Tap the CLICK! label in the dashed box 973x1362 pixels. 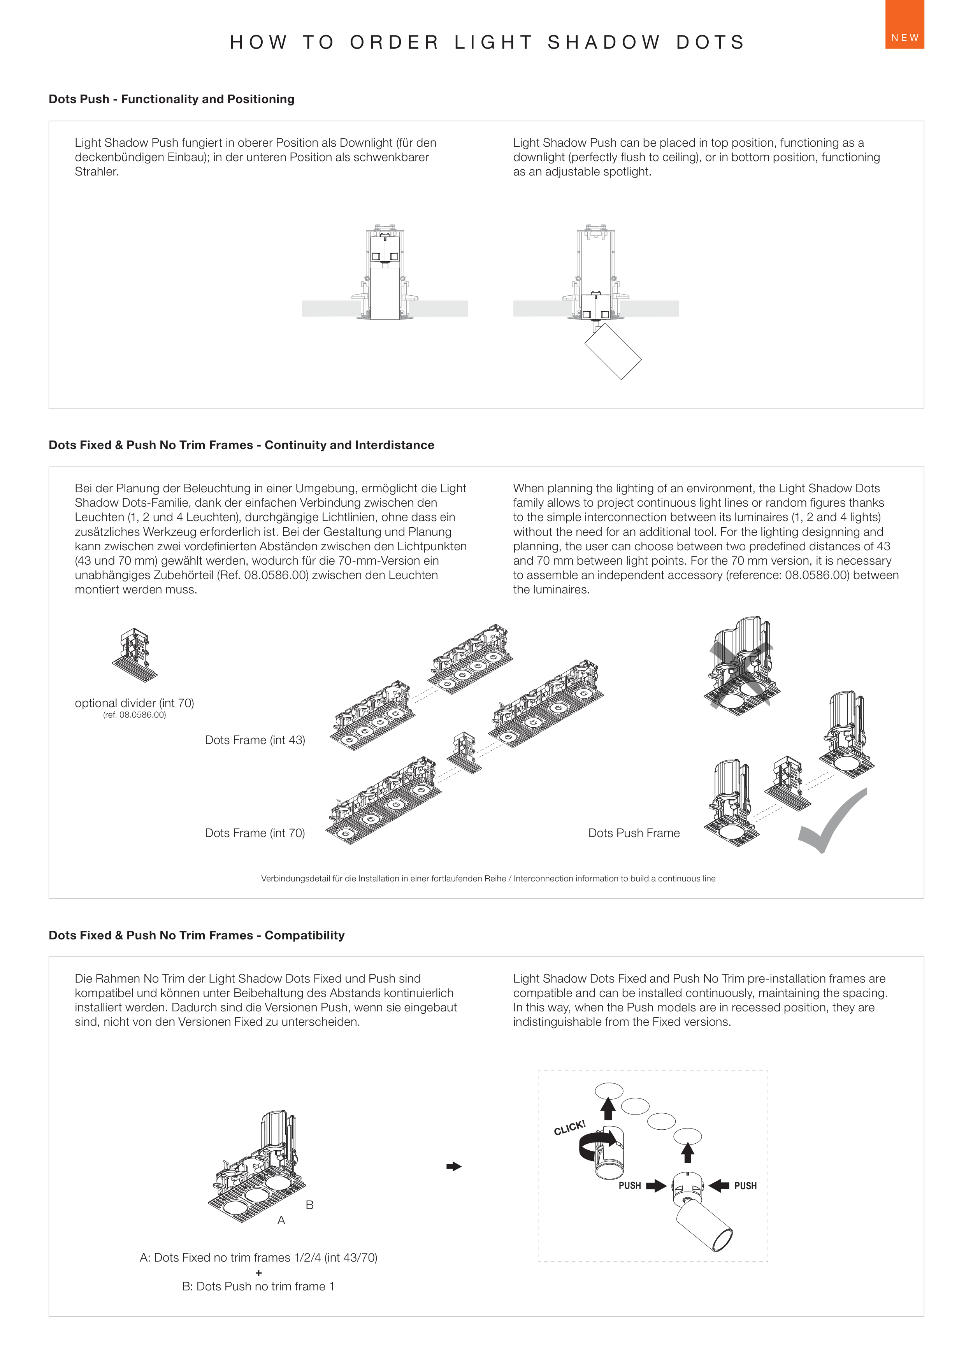point(569,1128)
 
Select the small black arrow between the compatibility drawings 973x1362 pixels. point(453,1166)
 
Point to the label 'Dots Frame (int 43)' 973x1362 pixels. point(255,740)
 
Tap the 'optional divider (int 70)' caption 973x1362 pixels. point(134,702)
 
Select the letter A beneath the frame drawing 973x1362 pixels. point(281,1220)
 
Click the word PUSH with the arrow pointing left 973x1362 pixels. point(745,1186)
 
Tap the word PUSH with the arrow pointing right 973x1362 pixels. point(630,1185)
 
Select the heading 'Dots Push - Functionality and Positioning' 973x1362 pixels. point(171,99)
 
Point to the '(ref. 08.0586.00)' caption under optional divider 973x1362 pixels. point(134,714)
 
